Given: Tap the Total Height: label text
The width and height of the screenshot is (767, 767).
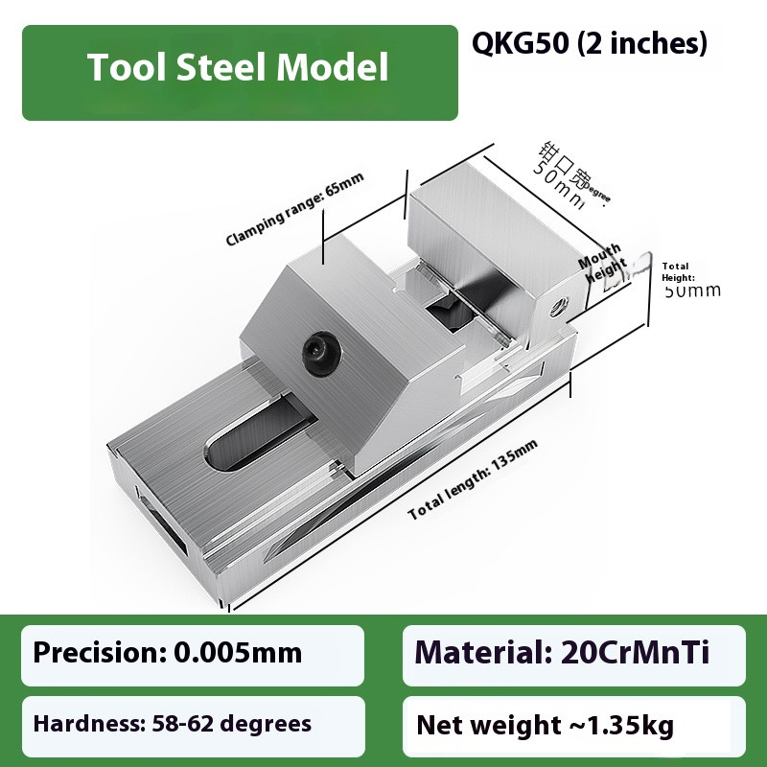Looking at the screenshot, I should coord(676,271).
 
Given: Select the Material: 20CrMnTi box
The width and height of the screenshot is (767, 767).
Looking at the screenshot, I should coord(573,655).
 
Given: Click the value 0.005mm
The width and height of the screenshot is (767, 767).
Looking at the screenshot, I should coord(238,654).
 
